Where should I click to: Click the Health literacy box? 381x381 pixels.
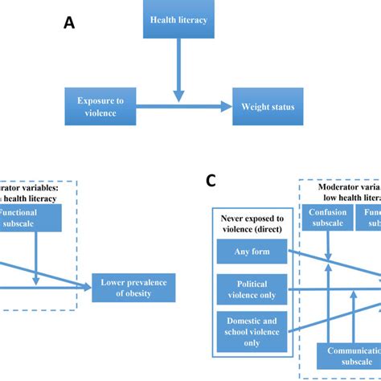pos(178,19)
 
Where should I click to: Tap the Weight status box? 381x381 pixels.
pos(268,107)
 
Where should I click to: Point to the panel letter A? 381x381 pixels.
pos(69,23)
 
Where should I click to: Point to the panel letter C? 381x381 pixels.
pos(211,180)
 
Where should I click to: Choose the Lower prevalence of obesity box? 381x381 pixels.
pos(133,287)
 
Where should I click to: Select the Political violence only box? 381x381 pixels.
pos(252,289)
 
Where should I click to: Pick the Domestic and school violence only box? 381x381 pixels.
pos(252,331)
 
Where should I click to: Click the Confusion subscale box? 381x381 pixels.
pos(327,217)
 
